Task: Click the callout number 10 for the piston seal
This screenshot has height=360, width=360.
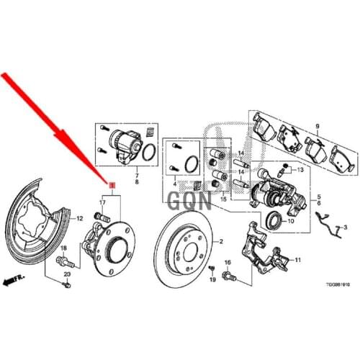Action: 291,221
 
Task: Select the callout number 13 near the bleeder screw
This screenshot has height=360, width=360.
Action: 301,170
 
